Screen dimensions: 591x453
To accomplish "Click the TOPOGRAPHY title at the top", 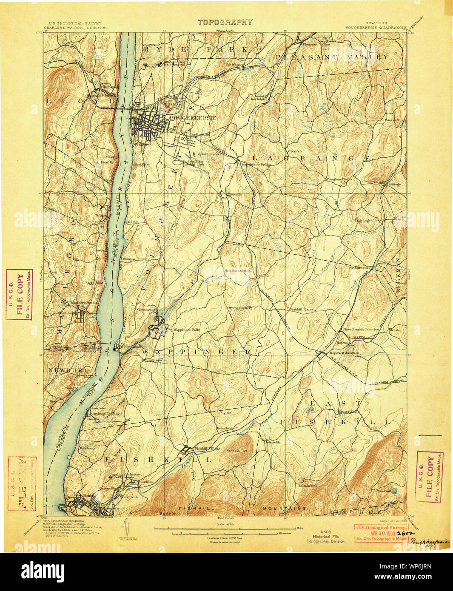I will click(225, 22).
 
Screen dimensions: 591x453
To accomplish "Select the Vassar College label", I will click(208, 153).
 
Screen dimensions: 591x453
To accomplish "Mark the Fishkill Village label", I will click(207, 449).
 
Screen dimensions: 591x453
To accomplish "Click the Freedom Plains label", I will click(339, 179).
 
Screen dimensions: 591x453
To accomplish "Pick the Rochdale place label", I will click(258, 99).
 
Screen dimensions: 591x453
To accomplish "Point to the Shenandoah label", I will click(308, 486).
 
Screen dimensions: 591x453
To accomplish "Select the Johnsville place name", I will click(272, 442).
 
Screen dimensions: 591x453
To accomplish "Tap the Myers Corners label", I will click(240, 308).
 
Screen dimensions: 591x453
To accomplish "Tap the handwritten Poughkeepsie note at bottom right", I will click(429, 541).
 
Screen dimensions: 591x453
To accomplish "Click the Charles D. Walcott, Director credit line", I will click(78, 28).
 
